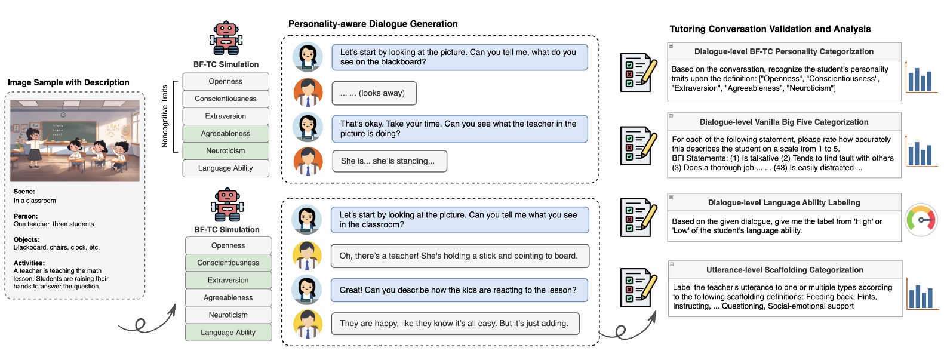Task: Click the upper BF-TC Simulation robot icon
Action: pyautogui.click(x=226, y=38)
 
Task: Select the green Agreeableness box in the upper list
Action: pyautogui.click(x=226, y=134)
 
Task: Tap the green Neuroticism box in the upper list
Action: pyautogui.click(x=226, y=151)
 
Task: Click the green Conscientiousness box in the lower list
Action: pyautogui.click(x=228, y=263)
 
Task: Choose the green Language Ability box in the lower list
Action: pyautogui.click(x=228, y=333)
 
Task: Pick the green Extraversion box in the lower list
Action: pyautogui.click(x=228, y=280)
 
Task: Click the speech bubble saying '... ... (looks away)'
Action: pyautogui.click(x=374, y=93)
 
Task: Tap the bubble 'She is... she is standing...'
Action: pyautogui.click(x=389, y=161)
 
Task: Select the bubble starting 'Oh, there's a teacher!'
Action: pyautogui.click(x=459, y=256)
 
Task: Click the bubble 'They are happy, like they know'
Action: pyautogui.click(x=454, y=324)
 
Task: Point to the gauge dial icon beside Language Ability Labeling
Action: pyautogui.click(x=921, y=220)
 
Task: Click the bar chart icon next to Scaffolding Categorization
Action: pyautogui.click(x=921, y=294)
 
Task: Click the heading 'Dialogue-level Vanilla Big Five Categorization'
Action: pyautogui.click(x=783, y=122)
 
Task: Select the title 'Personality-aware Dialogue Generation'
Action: pyautogui.click(x=373, y=24)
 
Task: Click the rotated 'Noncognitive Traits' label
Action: pyautogui.click(x=165, y=116)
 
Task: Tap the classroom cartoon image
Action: pyautogui.click(x=75, y=141)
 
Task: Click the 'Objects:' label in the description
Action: pyautogui.click(x=26, y=239)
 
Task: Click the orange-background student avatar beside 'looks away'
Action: pyautogui.click(x=308, y=93)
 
